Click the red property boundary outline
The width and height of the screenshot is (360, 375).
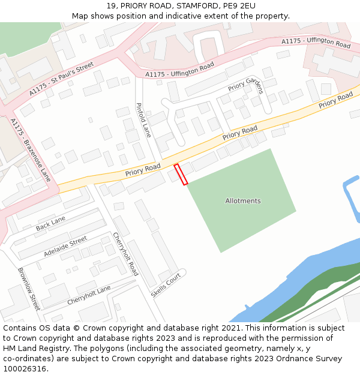click(181, 174)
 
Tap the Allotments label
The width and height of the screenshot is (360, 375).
click(243, 201)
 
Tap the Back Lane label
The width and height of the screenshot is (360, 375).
click(50, 224)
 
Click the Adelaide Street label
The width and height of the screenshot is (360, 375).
click(65, 247)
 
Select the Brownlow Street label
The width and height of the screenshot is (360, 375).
click(28, 289)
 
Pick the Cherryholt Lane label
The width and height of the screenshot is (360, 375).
click(89, 295)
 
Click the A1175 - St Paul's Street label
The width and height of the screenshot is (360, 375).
click(62, 78)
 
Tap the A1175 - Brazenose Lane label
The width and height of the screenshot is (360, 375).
click(31, 150)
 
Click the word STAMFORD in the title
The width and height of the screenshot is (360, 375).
click(194, 6)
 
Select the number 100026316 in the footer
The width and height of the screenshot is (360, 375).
click(25, 368)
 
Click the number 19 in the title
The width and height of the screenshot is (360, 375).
click(112, 6)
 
